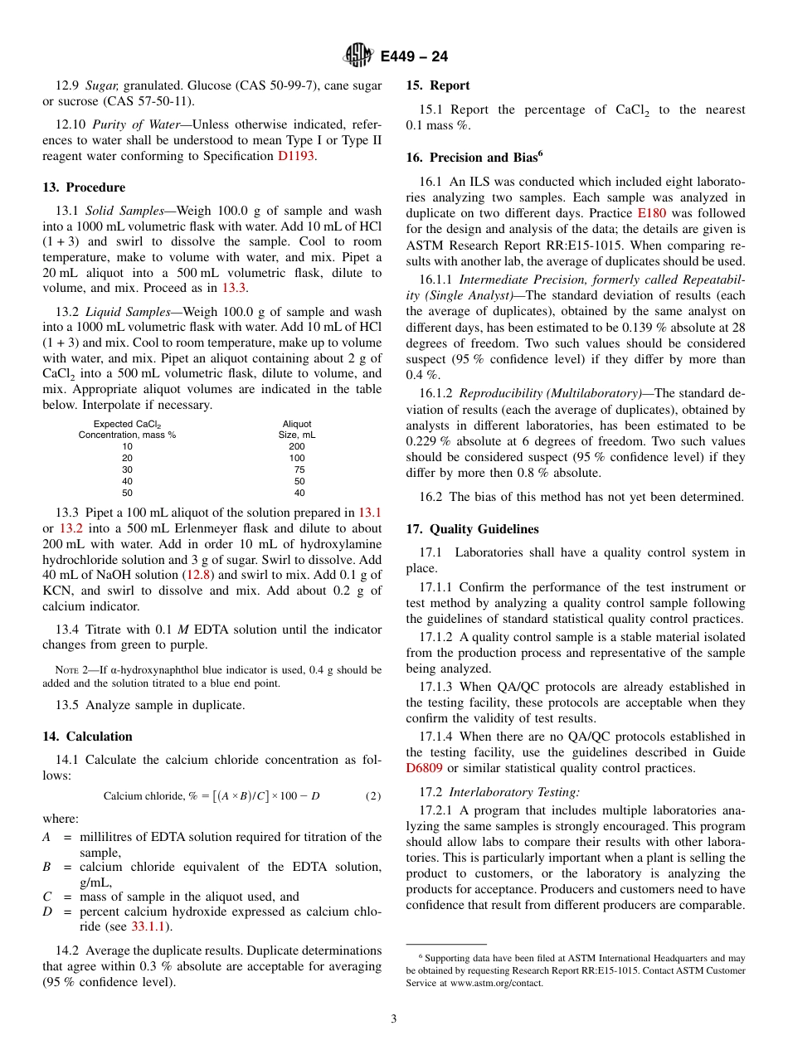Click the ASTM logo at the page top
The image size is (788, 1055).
click(359, 56)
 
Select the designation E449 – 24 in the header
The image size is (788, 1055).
click(414, 56)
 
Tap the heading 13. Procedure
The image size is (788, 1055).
click(84, 187)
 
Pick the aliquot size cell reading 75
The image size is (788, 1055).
click(297, 469)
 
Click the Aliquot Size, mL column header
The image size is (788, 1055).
click(297, 429)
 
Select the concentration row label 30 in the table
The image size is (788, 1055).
click(127, 469)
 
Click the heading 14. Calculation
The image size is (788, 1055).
click(87, 737)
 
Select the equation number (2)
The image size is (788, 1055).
click(373, 796)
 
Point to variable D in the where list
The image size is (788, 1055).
click(46, 912)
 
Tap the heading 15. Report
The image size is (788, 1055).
click(437, 85)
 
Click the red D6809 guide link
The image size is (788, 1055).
click(425, 768)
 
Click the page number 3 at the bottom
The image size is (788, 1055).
click(394, 1019)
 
